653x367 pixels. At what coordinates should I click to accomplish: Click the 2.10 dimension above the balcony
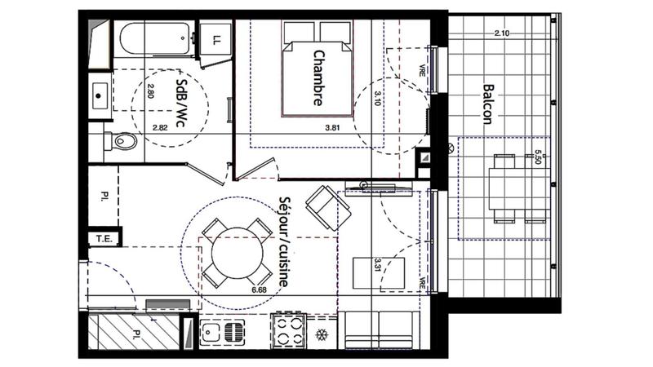502,33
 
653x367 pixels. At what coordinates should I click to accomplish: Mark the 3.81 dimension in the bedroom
332,128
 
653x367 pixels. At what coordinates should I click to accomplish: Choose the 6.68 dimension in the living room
260,289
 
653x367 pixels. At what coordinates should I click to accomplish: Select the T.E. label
104,238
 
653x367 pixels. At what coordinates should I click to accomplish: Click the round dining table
238,253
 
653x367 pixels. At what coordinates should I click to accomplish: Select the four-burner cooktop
290,334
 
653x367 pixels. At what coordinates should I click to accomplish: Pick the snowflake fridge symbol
322,334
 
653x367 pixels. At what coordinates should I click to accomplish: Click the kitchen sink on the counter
221,334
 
